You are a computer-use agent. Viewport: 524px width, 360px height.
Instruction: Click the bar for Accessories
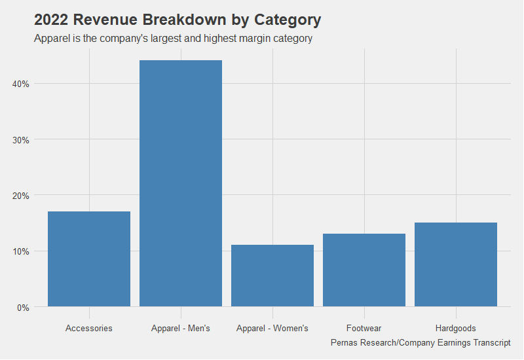coord(89,259)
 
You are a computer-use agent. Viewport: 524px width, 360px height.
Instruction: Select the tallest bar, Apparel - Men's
coord(181,183)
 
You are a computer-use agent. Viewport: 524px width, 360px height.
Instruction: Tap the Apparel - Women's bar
coord(272,276)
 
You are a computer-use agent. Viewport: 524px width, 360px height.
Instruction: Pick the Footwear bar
coord(364,270)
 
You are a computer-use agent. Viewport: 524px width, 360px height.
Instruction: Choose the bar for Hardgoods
coord(456,264)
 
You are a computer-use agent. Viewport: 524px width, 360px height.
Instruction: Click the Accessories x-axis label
coord(89,328)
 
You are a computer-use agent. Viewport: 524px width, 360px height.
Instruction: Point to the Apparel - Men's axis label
coord(181,328)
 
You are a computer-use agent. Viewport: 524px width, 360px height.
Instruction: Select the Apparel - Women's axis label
coord(272,328)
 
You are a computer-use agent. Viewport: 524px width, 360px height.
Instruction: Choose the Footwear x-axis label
coord(364,328)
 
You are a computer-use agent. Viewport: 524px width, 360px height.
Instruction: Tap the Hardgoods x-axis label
coord(456,328)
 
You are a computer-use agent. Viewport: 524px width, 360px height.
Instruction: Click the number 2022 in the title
coord(51,20)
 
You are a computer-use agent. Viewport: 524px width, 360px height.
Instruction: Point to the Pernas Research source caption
coord(421,343)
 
